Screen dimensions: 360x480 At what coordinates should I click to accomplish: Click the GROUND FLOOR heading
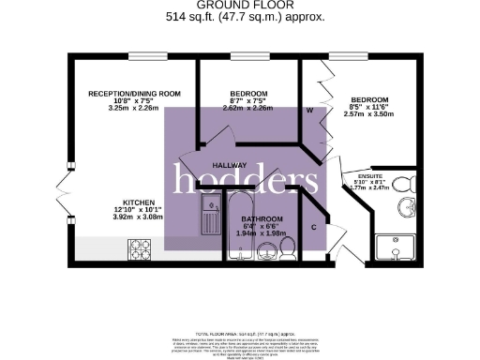241,6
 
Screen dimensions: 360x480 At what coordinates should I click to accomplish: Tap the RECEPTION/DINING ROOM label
133,94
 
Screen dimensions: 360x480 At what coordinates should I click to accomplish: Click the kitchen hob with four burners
141,250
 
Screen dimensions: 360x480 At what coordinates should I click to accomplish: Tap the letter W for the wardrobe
308,111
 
